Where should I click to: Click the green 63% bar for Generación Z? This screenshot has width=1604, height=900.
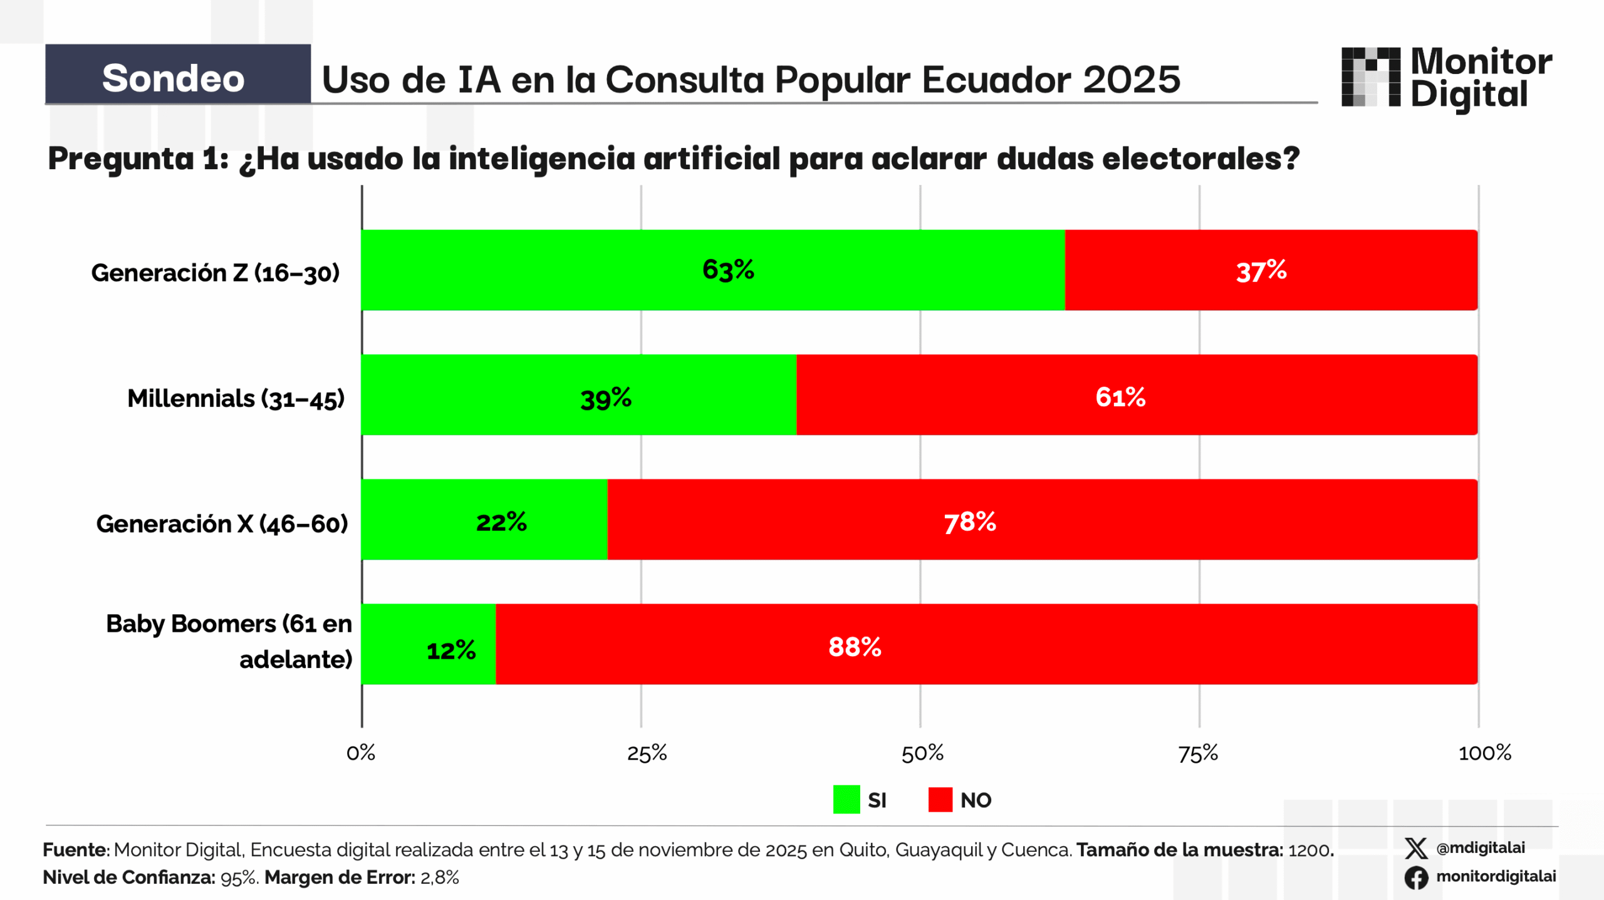click(713, 270)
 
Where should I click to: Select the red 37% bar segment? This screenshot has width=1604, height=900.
click(1271, 270)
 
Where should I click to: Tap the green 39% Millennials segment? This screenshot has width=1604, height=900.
click(579, 395)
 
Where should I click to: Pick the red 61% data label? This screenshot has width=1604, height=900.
click(1120, 397)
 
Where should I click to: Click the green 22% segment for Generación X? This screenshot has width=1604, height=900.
click(484, 520)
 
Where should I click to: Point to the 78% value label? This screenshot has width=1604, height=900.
click(970, 522)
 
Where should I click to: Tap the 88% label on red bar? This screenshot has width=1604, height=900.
click(855, 647)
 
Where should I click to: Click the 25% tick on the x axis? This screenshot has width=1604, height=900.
click(647, 753)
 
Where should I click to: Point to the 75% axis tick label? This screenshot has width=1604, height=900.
click(1198, 753)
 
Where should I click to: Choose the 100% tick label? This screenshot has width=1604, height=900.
click(1484, 753)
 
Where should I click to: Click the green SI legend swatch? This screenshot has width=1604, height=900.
click(846, 800)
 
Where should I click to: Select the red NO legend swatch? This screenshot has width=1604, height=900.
click(940, 800)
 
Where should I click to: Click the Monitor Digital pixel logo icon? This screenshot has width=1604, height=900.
click(1370, 76)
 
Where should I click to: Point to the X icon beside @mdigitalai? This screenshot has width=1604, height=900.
click(1415, 848)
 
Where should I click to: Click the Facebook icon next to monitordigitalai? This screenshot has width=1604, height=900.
click(1415, 877)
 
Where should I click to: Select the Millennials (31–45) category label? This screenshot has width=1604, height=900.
click(236, 399)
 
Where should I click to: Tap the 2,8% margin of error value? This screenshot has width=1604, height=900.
click(439, 877)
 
